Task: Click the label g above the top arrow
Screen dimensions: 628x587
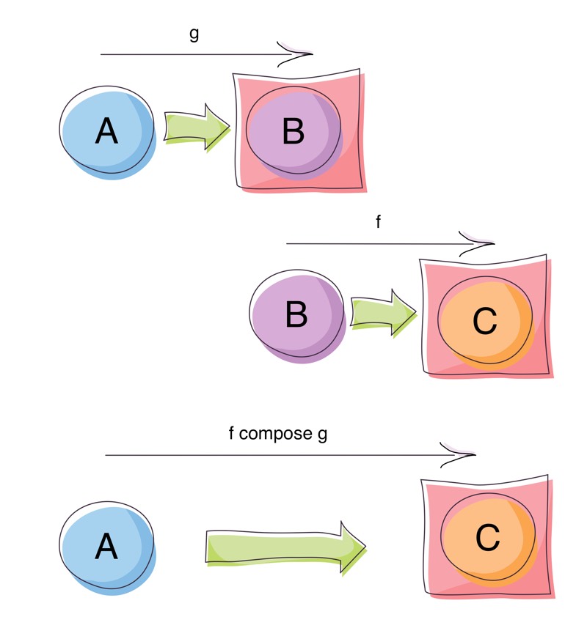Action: click(194, 35)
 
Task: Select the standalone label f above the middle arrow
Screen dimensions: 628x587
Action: click(378, 222)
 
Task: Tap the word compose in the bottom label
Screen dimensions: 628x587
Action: click(276, 433)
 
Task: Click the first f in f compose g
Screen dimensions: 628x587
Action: click(231, 433)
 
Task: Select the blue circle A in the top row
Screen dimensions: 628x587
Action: click(107, 132)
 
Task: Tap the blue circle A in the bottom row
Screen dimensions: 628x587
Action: click(107, 546)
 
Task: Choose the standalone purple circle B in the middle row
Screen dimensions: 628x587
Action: click(297, 316)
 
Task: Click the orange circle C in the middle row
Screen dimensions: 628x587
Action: click(484, 320)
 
